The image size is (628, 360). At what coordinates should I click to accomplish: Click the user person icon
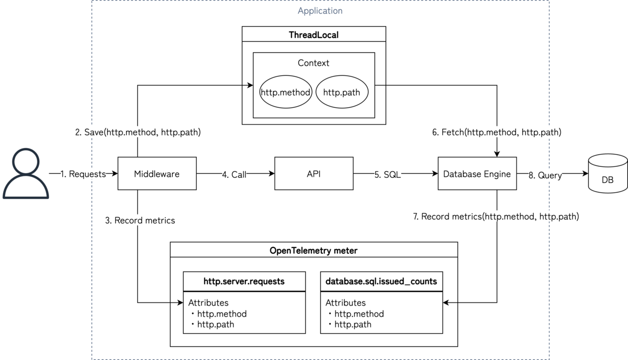click(x=25, y=174)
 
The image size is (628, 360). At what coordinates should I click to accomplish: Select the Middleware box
click(x=156, y=173)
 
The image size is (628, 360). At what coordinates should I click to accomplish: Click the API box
click(x=313, y=173)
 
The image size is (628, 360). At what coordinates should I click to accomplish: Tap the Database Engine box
click(x=477, y=173)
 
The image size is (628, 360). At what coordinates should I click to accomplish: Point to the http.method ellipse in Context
click(x=286, y=93)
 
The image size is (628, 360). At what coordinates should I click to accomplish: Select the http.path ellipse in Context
click(x=341, y=93)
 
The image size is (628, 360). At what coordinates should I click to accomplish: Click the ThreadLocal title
click(x=313, y=35)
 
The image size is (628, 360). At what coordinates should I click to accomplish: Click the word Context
click(x=313, y=63)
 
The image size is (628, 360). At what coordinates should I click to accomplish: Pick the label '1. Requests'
click(x=84, y=174)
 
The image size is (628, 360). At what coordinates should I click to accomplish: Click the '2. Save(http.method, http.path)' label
click(x=138, y=132)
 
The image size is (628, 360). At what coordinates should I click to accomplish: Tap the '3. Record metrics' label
click(x=140, y=220)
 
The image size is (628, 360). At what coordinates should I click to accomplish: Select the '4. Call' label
click(x=234, y=174)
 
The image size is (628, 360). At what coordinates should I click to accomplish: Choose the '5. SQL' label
click(x=387, y=174)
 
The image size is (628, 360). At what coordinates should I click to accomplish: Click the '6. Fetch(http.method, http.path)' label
click(x=497, y=132)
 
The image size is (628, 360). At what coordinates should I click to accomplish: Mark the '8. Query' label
click(x=545, y=176)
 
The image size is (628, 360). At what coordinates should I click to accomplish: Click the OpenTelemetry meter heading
click(x=313, y=251)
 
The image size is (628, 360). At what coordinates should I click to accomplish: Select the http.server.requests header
click(x=244, y=281)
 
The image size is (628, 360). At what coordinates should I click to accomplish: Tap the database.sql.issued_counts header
click(x=381, y=281)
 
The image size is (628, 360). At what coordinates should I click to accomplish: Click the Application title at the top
click(x=320, y=10)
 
